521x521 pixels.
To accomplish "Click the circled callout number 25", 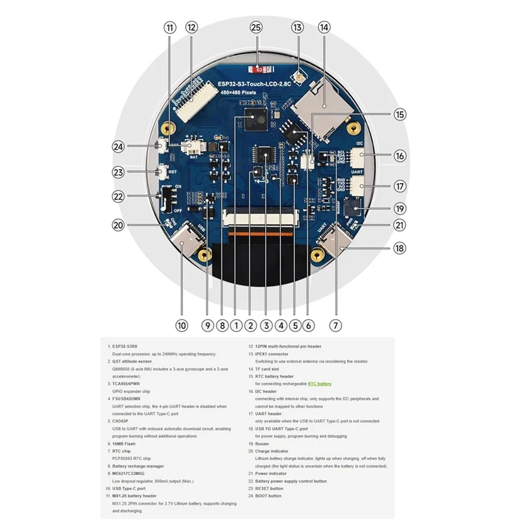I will tap(256, 27).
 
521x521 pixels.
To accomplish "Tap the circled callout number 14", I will tap(324, 27).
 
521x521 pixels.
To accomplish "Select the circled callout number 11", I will tap(170, 27).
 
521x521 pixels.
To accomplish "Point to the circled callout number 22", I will tap(118, 196).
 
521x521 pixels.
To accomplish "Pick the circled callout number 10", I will tap(181, 324).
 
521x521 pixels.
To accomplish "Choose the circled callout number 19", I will tap(400, 208).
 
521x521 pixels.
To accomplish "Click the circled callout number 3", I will tap(265, 324).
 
